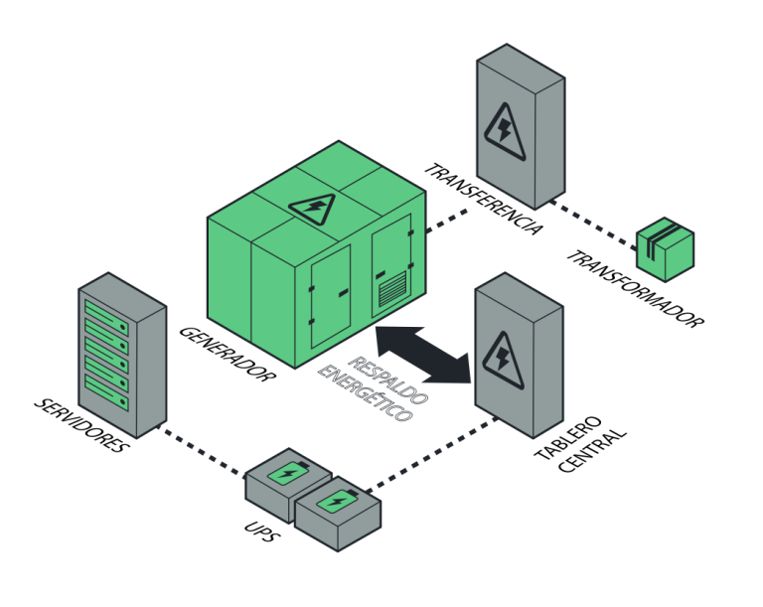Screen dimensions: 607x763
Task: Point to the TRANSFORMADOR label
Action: (x=636, y=289)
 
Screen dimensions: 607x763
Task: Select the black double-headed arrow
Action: (x=423, y=352)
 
